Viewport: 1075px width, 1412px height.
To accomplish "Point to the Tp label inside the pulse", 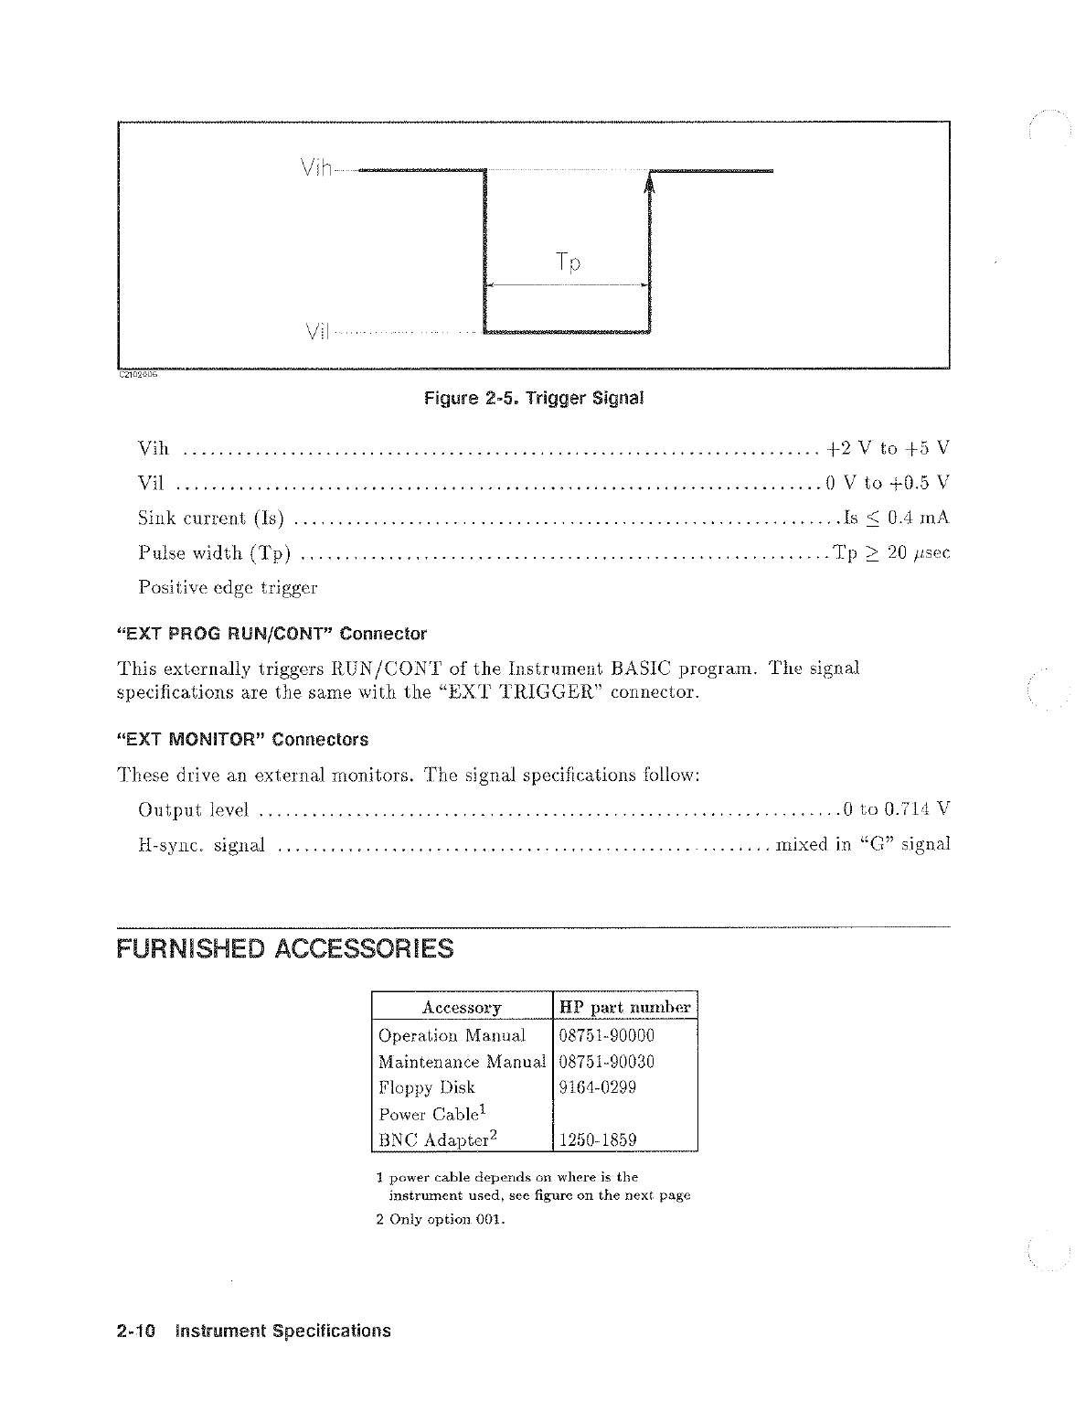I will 568,263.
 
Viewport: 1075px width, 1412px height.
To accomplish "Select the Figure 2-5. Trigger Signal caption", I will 534,399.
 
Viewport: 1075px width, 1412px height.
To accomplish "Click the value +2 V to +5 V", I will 888,448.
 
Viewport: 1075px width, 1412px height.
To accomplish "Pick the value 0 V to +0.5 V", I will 887,483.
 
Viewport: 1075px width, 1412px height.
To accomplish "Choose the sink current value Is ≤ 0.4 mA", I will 896,518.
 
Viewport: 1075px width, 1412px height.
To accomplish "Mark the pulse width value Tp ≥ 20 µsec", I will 891,552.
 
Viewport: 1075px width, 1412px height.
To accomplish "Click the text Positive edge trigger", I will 228,587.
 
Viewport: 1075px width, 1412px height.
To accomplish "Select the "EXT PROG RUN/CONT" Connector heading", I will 271,633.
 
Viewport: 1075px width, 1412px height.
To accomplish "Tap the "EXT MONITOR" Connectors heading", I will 242,739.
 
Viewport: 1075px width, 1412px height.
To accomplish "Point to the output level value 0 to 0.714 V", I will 897,808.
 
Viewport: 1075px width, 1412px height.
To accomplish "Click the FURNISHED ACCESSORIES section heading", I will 285,947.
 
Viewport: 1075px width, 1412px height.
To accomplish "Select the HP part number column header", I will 626,1008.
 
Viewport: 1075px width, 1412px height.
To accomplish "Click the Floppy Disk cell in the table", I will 427,1087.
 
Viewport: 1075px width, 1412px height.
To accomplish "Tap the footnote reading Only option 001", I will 441,1219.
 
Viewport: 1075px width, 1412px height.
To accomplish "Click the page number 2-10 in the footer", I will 137,1331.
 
